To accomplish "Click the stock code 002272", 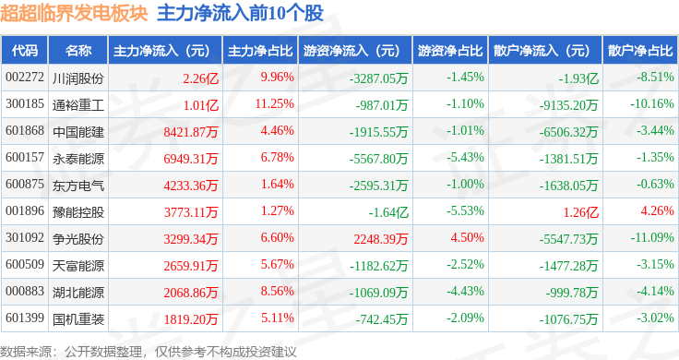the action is pyautogui.click(x=25, y=78).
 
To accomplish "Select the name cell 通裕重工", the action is pyautogui.click(x=78, y=105).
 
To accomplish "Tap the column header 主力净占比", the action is pyautogui.click(x=260, y=51).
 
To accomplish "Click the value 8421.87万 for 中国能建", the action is pyautogui.click(x=191, y=132).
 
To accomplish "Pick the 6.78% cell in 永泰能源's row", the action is pyautogui.click(x=277, y=158).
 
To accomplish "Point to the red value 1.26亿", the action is pyautogui.click(x=580, y=212).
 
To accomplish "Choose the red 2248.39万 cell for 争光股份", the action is pyautogui.click(x=381, y=239).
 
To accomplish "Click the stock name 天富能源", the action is pyautogui.click(x=78, y=266).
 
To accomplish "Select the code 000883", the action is pyautogui.click(x=25, y=292).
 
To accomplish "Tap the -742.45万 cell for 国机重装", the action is pyautogui.click(x=382, y=319).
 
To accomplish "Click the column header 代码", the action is pyautogui.click(x=25, y=51).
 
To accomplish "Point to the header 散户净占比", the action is pyautogui.click(x=640, y=51).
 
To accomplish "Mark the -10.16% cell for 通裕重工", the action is pyautogui.click(x=651, y=104).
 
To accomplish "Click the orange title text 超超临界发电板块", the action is pyautogui.click(x=74, y=13).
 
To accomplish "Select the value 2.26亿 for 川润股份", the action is pyautogui.click(x=200, y=78).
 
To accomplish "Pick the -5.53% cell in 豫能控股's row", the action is pyautogui.click(x=465, y=211).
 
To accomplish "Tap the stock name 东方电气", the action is pyautogui.click(x=78, y=186).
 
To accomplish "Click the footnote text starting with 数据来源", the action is pyautogui.click(x=149, y=352).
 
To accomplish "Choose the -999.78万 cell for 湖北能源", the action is pyautogui.click(x=572, y=293).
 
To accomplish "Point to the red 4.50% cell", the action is pyautogui.click(x=467, y=238).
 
